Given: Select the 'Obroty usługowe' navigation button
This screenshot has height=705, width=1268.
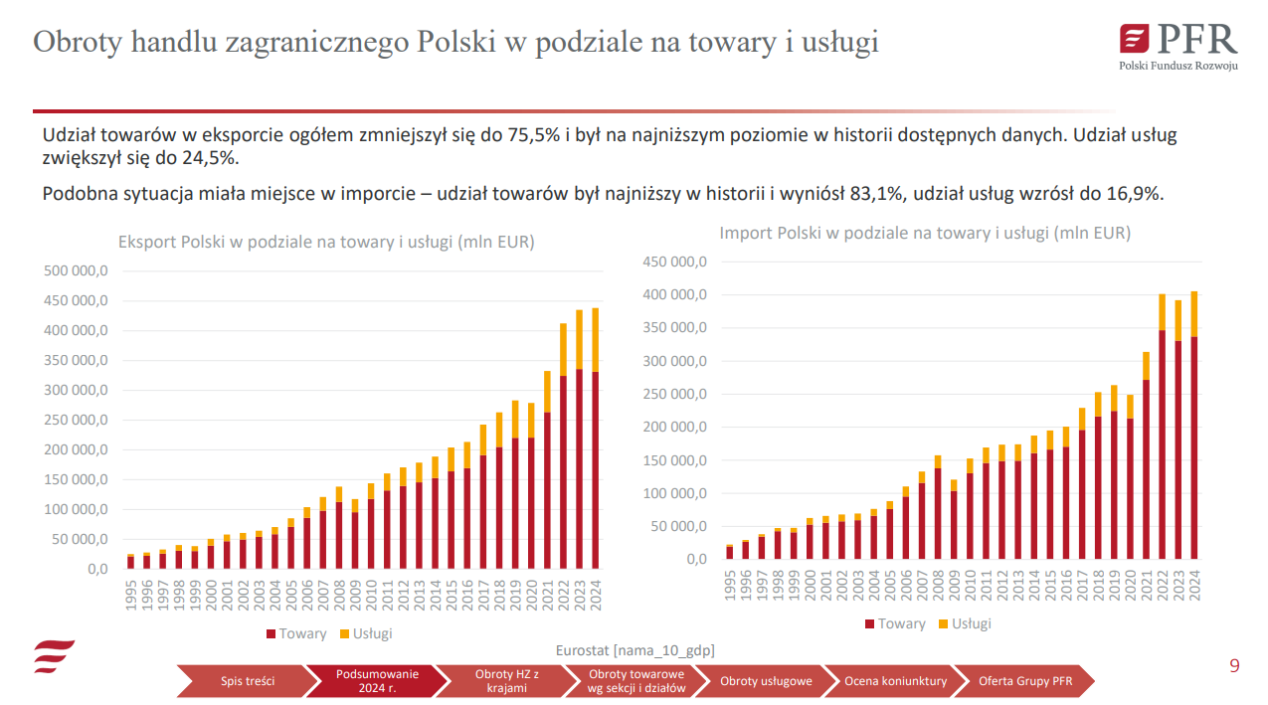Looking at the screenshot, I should [766, 681].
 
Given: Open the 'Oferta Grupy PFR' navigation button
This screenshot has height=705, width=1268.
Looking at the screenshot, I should [1024, 681].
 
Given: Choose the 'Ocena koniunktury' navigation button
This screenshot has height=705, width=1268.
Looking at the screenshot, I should [895, 681].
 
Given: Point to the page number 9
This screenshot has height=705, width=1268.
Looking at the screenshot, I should [1234, 666].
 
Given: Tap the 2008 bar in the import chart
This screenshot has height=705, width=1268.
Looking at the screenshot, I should [938, 507].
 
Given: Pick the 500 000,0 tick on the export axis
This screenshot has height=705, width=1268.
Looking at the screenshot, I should [76, 270].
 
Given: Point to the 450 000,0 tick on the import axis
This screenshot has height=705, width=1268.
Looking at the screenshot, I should [674, 262].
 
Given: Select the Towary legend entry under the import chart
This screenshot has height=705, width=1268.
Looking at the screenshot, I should [895, 623].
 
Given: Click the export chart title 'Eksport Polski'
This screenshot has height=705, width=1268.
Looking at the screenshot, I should [326, 242].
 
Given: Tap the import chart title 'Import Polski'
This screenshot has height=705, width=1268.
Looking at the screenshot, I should [925, 233].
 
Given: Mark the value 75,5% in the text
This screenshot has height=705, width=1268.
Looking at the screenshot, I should [534, 136].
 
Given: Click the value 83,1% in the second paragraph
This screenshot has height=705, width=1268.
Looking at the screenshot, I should [876, 194].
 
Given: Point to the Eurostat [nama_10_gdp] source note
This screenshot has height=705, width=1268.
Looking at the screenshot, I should [634, 650].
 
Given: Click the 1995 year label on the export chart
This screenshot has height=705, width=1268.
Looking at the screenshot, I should [130, 594].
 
